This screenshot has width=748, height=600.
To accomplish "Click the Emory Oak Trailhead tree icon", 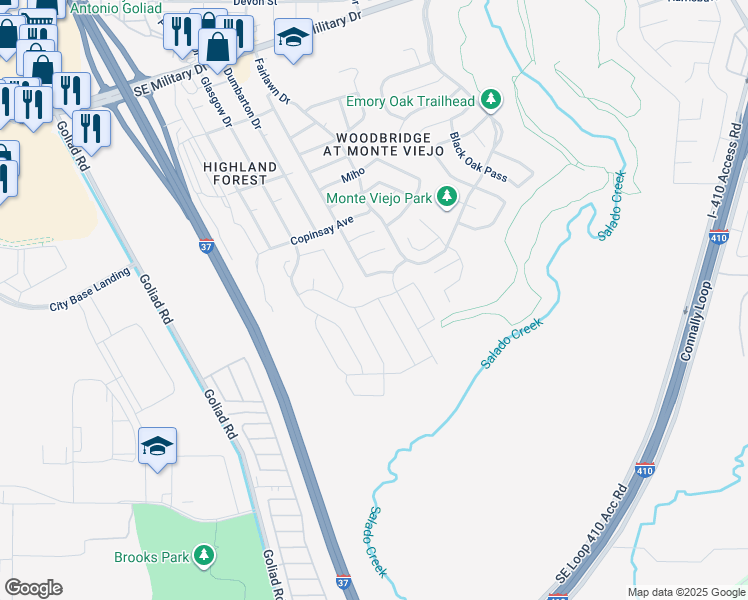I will click(x=490, y=99).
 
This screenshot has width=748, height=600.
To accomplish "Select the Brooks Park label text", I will click(x=151, y=557).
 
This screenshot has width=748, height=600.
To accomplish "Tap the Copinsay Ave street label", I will click(x=322, y=231).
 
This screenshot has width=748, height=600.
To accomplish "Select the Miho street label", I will click(x=353, y=175).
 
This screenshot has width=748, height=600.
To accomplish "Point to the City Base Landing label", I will click(x=90, y=289).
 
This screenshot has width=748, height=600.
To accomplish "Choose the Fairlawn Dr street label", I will click(x=271, y=83).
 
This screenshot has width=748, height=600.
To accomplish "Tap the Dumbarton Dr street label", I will click(x=242, y=99).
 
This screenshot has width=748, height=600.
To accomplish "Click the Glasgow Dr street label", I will click(x=216, y=101).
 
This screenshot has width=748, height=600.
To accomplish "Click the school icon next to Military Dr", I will click(x=292, y=40).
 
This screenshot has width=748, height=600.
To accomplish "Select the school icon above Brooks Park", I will click(x=157, y=447).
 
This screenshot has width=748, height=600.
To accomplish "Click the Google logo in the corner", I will click(x=33, y=588).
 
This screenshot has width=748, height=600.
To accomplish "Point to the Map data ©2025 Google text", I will click(x=685, y=592).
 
